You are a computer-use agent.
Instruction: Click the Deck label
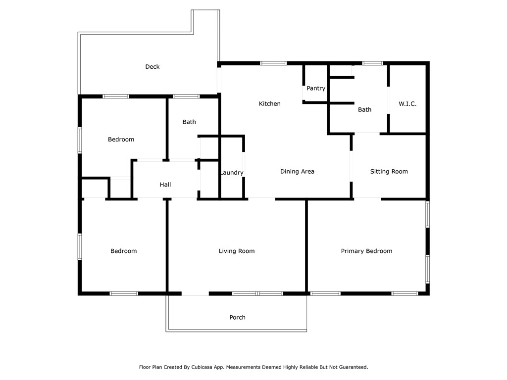(152, 67)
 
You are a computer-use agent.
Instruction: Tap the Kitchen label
(270, 104)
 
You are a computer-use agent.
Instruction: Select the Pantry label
(316, 89)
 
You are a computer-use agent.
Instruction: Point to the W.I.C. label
(407, 104)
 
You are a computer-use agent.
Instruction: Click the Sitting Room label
(389, 172)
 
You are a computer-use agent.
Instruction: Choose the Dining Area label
(297, 172)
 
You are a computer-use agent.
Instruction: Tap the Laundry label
(232, 173)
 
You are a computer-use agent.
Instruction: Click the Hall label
(165, 185)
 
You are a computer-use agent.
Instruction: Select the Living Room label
(237, 251)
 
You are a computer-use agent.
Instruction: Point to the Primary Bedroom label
(366, 251)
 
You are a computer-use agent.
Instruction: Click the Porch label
(237, 317)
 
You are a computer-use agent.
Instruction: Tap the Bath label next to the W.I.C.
(365, 110)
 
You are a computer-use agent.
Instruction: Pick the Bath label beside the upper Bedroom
(189, 122)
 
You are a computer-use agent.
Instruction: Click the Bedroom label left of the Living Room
(123, 251)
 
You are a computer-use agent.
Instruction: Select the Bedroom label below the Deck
(121, 140)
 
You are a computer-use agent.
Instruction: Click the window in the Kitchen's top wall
(273, 63)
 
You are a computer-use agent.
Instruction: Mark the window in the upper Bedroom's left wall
(80, 140)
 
